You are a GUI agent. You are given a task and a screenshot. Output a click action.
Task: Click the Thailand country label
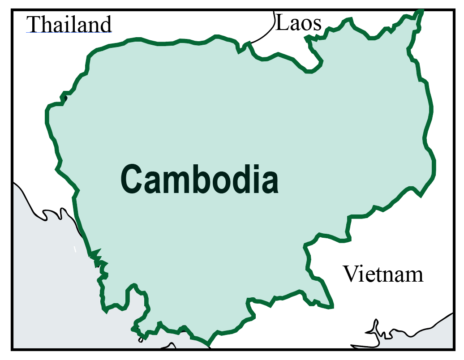[x=69, y=24]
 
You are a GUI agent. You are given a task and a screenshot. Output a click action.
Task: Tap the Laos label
[x=298, y=23]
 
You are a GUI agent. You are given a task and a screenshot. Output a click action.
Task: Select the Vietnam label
[x=383, y=274]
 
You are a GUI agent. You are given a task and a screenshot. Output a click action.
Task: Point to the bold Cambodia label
[x=199, y=179]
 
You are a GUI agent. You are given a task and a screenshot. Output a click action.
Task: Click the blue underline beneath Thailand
[x=69, y=33]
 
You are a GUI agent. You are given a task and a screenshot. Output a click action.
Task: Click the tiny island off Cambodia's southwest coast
[x=141, y=340]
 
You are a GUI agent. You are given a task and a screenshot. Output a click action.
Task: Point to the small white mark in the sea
[x=75, y=249]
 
